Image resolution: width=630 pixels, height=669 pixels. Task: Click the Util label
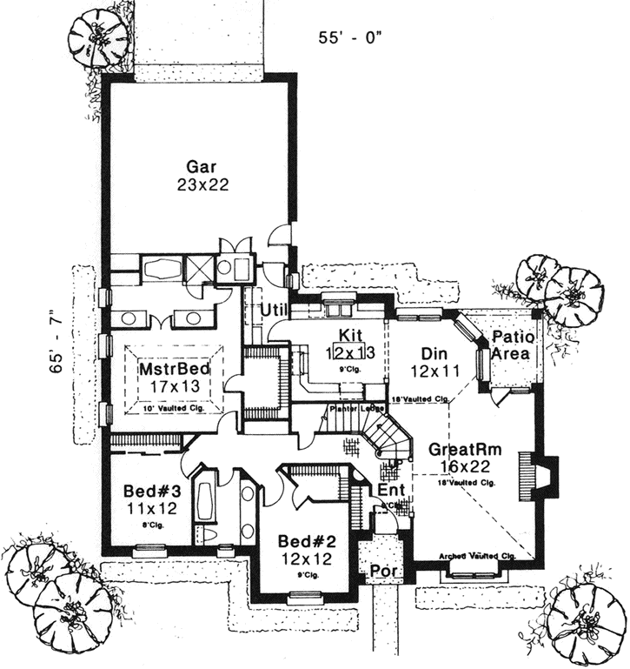275,310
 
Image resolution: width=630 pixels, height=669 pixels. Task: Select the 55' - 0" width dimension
350,37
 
